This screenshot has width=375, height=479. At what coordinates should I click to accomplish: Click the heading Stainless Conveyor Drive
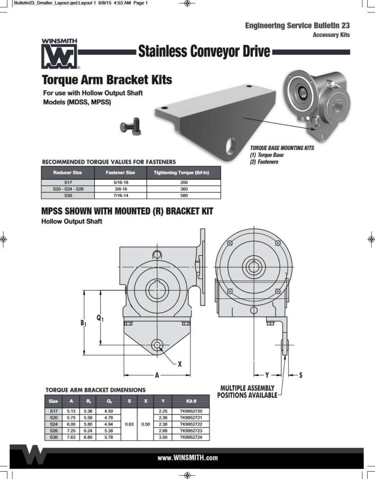204,51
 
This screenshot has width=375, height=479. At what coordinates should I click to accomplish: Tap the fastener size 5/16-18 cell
120,182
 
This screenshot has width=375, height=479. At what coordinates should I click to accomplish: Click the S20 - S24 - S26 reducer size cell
67,189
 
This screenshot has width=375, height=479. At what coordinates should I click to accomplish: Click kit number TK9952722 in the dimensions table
194,424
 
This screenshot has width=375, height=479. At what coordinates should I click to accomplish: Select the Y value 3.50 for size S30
163,437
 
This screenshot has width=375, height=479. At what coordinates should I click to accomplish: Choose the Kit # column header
194,401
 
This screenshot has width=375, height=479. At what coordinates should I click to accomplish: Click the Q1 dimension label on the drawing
100,318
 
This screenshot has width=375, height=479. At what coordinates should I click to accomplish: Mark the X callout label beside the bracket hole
179,364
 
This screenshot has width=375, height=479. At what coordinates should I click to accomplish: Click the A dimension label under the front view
157,375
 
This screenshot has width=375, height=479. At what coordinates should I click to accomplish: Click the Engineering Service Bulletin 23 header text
297,25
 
